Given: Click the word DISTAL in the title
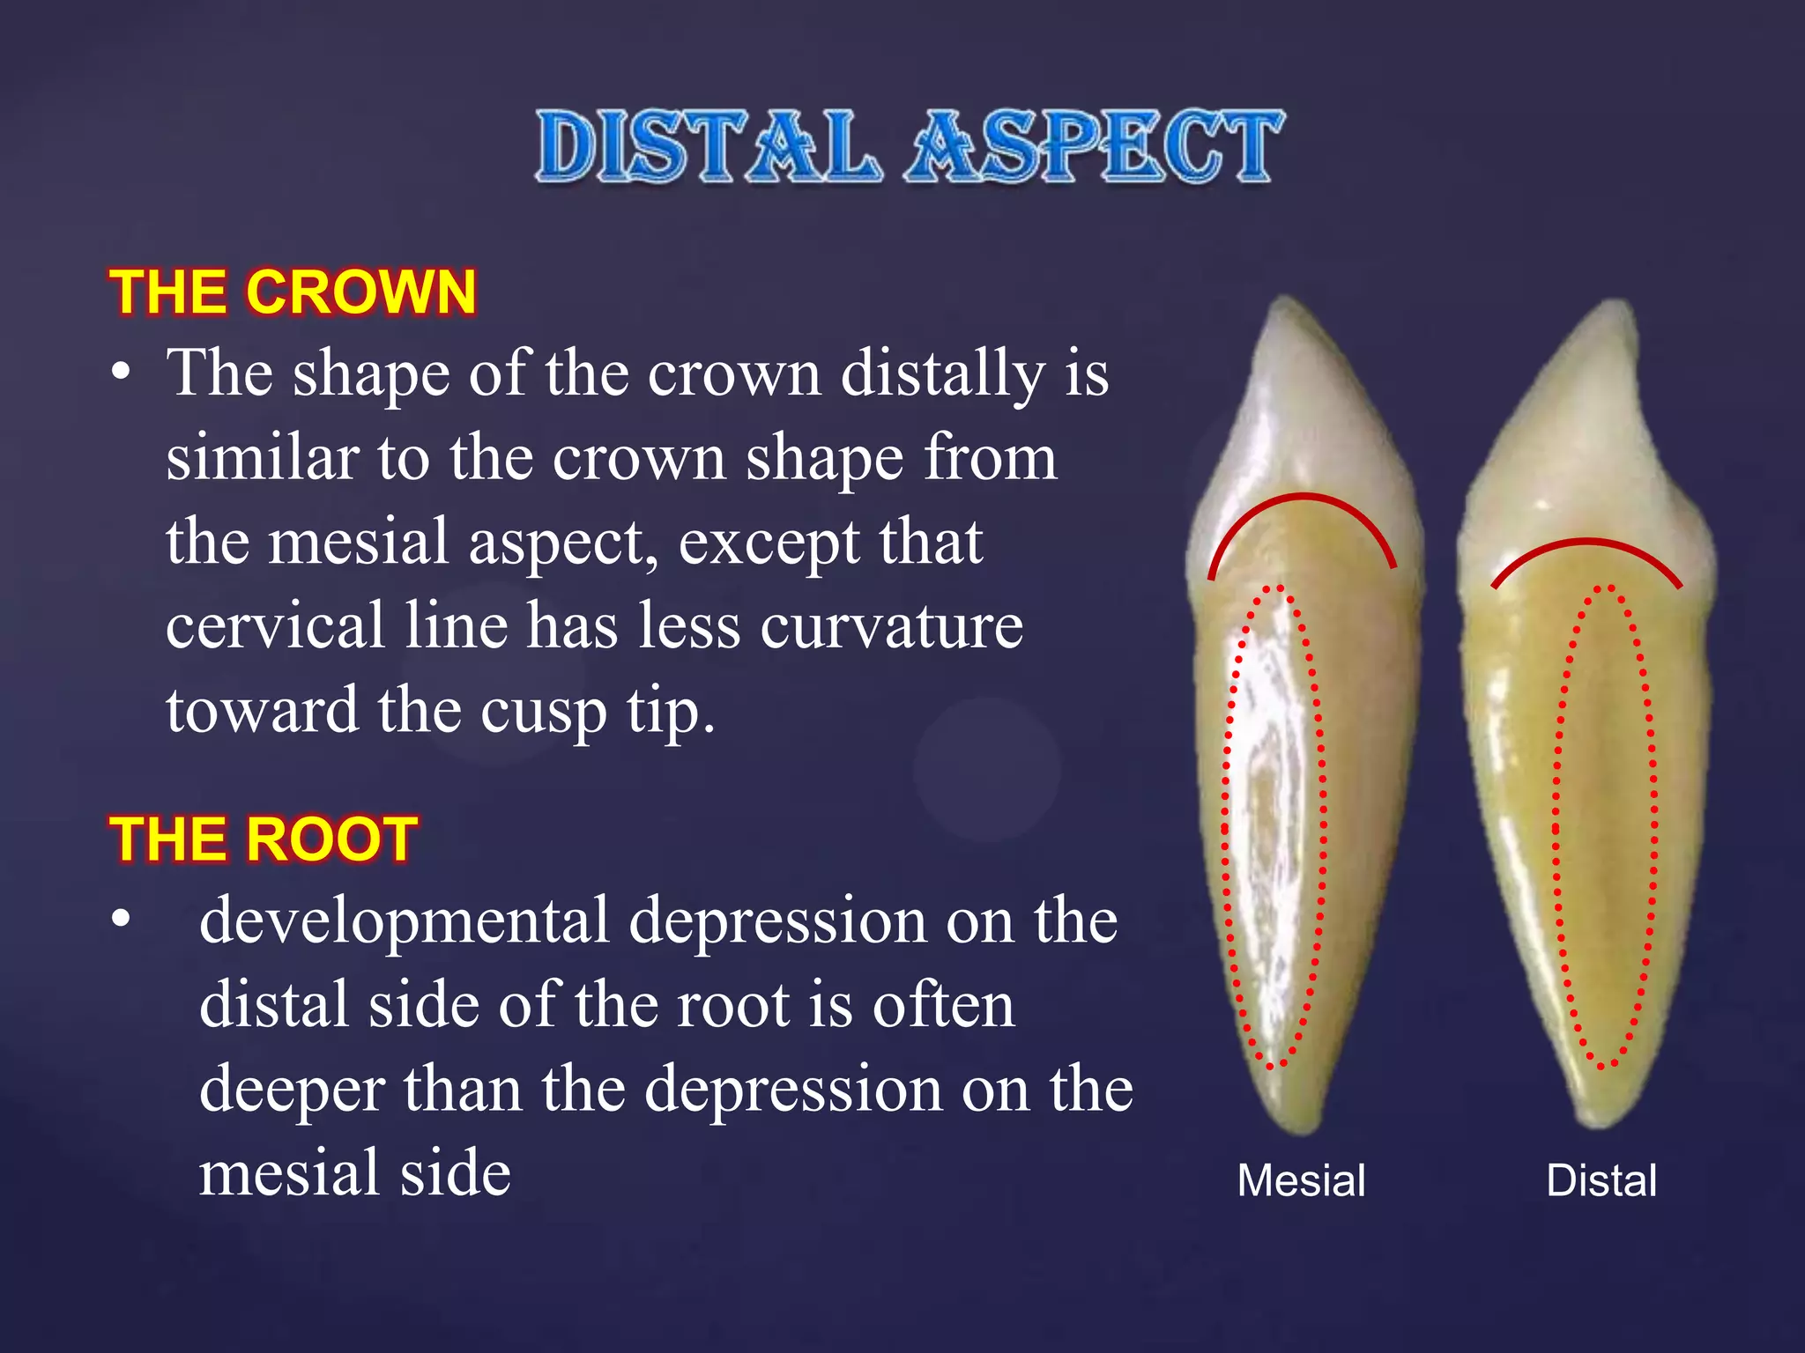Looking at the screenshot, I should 708,147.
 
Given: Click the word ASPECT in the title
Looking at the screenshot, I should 1096,147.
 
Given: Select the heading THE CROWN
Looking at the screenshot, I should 293,292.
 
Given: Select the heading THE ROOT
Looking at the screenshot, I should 263,839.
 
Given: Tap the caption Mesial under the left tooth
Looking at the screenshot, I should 1301,1180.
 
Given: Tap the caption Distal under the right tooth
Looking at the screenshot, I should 1601,1180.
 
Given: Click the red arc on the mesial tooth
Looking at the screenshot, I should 1303,499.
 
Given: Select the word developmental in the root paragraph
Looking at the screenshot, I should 404,921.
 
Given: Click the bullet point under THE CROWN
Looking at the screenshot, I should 121,373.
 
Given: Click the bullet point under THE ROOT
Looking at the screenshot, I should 121,920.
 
